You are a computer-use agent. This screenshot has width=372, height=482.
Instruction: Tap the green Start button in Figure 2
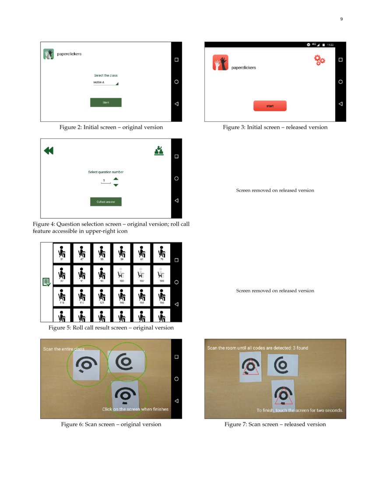coord(105,103)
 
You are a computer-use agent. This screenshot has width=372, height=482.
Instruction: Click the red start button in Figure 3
coord(270,106)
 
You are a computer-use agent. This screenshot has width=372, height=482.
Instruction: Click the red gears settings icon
coord(319,60)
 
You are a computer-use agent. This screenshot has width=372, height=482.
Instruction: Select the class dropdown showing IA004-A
coord(105,82)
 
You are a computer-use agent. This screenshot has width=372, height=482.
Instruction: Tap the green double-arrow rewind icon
coord(49,151)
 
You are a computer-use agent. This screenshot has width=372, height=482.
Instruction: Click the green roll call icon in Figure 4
coord(159,150)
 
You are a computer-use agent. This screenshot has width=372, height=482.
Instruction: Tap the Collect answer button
coord(105,202)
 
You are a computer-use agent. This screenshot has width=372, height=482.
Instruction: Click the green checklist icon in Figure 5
coord(46,282)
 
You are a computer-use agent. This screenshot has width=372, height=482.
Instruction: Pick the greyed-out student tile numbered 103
coord(122,275)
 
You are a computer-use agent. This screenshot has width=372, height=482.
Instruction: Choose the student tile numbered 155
coord(162,297)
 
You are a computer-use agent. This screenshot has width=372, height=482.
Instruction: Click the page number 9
coord(341,19)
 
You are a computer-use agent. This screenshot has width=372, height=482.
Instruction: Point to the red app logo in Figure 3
coord(221,63)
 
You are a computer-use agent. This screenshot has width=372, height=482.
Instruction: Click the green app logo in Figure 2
coord(48,54)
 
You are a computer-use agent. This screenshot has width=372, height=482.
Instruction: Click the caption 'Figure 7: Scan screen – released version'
coord(275,424)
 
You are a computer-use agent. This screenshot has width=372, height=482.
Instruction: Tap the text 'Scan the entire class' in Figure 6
coord(64,349)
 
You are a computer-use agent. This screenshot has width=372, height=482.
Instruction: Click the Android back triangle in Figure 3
coord(340,104)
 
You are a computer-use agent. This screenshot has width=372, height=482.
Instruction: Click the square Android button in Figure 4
coord(176,156)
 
